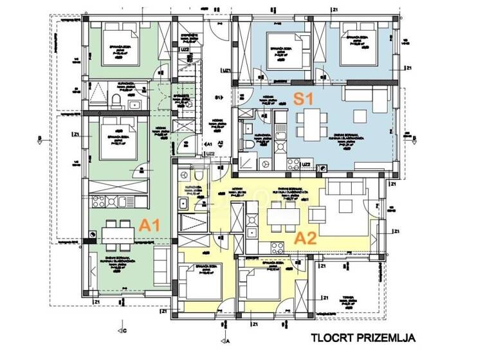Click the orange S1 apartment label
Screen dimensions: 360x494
[303, 98]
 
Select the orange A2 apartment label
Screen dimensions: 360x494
[304, 238]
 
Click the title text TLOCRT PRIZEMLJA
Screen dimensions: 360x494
[363, 337]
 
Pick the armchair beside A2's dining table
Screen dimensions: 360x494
[316, 214]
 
